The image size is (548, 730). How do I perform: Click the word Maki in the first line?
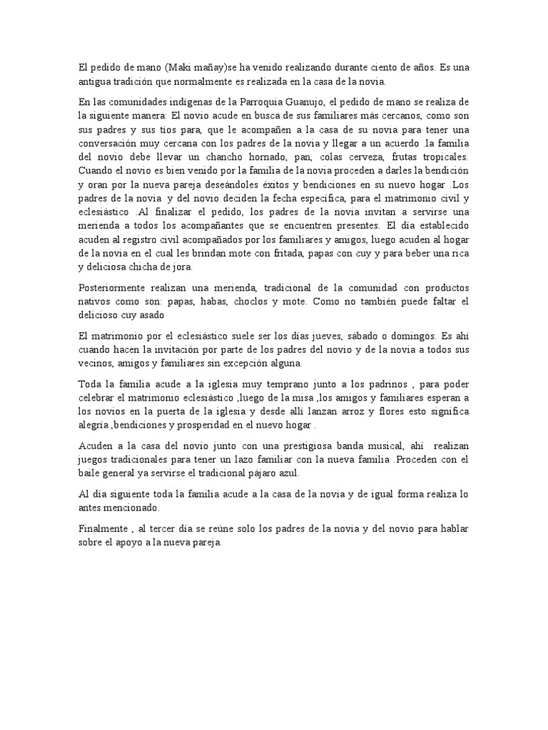(x=178, y=68)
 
